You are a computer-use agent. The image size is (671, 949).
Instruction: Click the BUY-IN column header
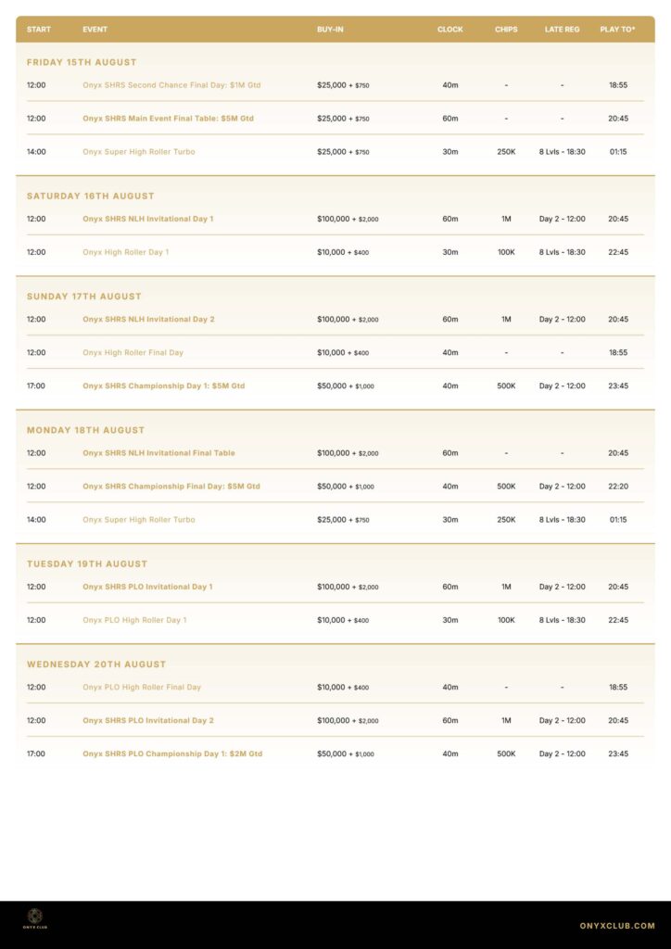pos(330,30)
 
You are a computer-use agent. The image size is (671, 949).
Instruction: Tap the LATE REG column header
pos(562,30)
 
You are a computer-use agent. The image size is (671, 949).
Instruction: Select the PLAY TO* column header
pos(617,30)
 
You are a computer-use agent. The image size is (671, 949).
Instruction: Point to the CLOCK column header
pos(450,30)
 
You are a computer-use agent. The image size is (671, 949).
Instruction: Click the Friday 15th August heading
pos(82,62)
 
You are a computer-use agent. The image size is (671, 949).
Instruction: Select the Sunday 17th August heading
pos(84,297)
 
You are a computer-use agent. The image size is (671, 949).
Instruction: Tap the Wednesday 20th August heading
pos(96,664)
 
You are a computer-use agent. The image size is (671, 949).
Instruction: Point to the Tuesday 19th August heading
pos(87,563)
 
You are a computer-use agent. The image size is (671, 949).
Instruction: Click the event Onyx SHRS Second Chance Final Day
pos(171,85)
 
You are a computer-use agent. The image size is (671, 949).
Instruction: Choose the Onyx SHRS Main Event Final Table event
pos(168,119)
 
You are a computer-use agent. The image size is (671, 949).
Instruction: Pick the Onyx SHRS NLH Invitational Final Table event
pos(158,453)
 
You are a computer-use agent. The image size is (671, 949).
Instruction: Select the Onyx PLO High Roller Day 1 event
pos(134,620)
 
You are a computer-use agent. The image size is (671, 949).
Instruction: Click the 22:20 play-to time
pos(618,487)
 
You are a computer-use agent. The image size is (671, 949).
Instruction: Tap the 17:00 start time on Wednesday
pos(36,754)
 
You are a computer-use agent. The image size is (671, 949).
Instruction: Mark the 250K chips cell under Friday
pos(506,152)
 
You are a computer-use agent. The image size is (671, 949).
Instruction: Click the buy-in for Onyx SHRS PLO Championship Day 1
pos(346,754)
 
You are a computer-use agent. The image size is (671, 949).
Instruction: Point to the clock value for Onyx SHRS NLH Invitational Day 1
pos(450,220)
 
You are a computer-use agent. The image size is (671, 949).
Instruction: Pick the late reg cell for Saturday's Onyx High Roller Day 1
pos(562,252)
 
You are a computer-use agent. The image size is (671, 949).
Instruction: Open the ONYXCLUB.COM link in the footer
pos(617,926)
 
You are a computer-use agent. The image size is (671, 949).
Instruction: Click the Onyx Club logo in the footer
pos(35,918)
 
